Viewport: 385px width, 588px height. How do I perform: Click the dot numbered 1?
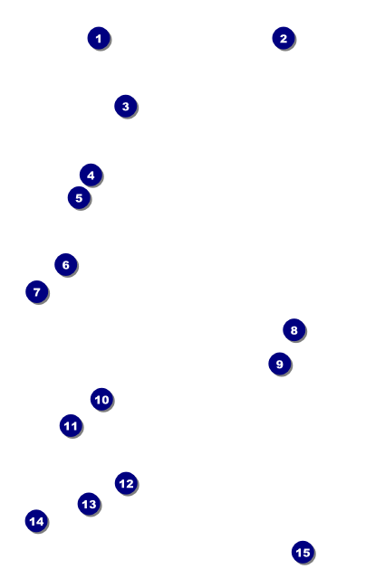[x=99, y=38]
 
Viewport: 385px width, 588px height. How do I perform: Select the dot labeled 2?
[x=284, y=38]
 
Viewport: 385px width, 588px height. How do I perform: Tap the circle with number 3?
[x=126, y=106]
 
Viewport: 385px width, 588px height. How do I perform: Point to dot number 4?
[x=91, y=175]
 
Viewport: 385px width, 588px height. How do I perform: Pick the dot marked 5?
[x=79, y=197]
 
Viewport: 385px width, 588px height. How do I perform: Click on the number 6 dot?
[x=66, y=265]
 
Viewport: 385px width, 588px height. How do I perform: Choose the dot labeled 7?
[x=37, y=292]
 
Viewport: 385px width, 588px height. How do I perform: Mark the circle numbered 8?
[x=294, y=330]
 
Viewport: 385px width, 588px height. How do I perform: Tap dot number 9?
[x=280, y=364]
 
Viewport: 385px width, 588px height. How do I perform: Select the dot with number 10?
[x=101, y=399]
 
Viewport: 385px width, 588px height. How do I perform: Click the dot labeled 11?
[x=71, y=426]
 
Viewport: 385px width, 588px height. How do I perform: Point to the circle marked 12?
[x=126, y=483]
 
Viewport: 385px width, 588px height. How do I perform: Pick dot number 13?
[x=89, y=504]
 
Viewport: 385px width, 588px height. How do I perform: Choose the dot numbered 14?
[x=36, y=521]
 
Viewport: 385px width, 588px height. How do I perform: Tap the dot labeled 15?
[x=303, y=552]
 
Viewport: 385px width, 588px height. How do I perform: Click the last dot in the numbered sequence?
[x=303, y=552]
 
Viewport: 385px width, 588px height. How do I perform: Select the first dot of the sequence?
[x=99, y=38]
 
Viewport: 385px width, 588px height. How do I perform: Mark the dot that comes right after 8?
[x=280, y=364]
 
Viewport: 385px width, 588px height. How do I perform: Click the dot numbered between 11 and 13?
[x=126, y=483]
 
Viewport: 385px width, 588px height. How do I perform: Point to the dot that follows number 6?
[x=37, y=292]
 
